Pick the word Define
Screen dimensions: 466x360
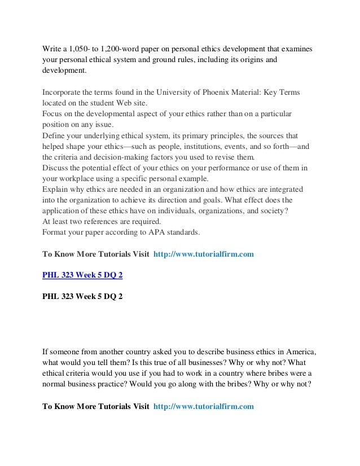55,137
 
